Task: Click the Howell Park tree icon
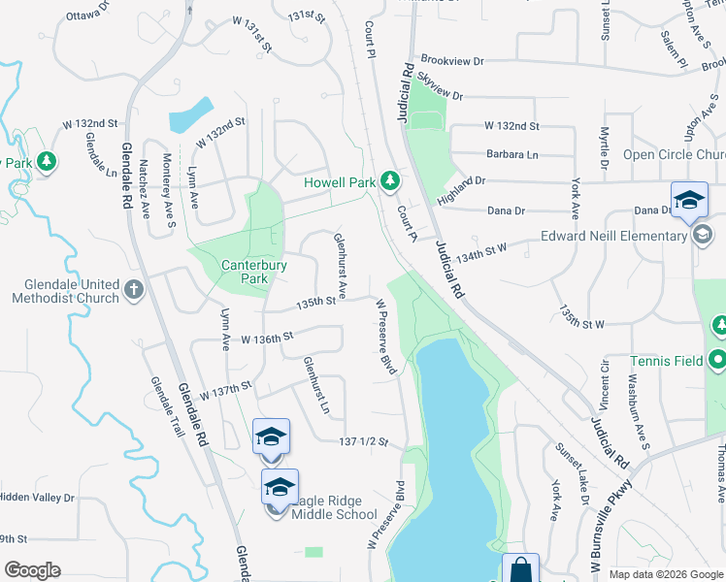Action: click(389, 180)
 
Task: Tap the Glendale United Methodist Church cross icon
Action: click(134, 290)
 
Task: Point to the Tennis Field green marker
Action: click(717, 361)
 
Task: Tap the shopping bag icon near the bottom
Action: click(520, 568)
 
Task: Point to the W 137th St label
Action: click(225, 390)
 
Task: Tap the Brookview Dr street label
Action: click(453, 60)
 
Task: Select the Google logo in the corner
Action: click(32, 570)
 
